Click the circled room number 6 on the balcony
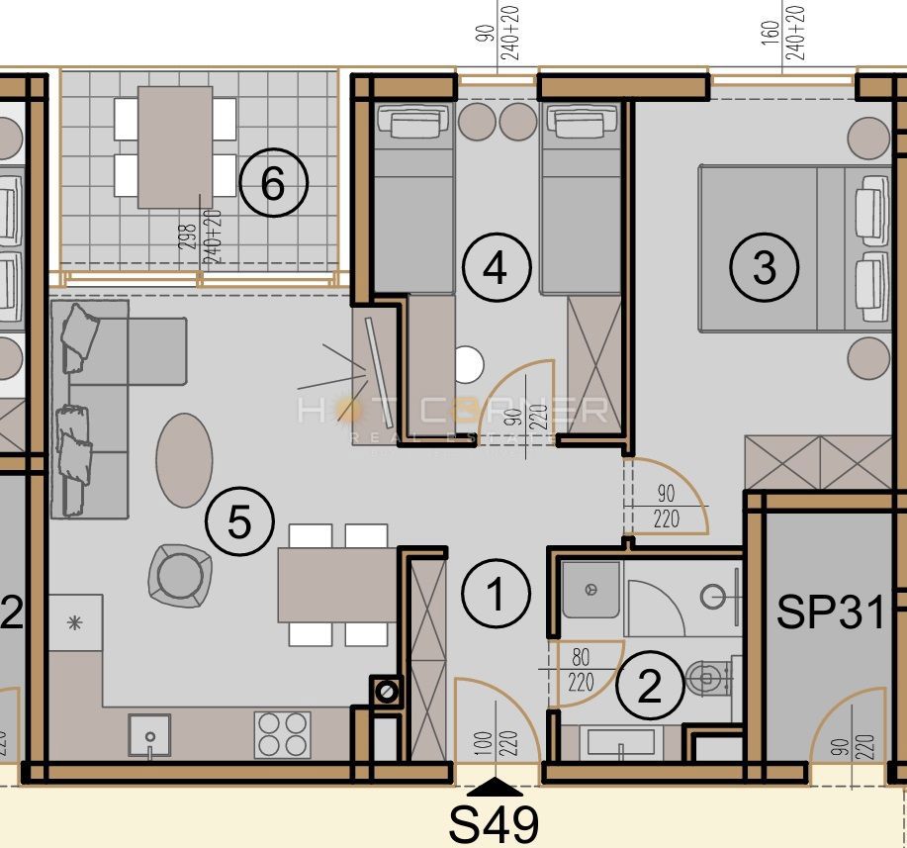coord(273,183)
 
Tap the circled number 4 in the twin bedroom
coord(497,266)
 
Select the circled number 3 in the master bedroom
coord(764,266)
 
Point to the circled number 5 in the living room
coord(239,521)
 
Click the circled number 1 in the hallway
coord(497,595)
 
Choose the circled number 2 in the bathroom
coord(649,686)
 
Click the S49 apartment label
coord(495,824)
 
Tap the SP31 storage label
coord(830,612)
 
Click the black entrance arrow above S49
coord(495,788)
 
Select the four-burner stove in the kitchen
coord(283,735)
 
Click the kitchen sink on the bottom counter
coord(149,736)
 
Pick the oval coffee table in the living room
coord(184,460)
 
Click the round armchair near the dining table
coord(180,575)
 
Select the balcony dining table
coord(175,146)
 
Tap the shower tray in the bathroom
coord(591,591)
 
